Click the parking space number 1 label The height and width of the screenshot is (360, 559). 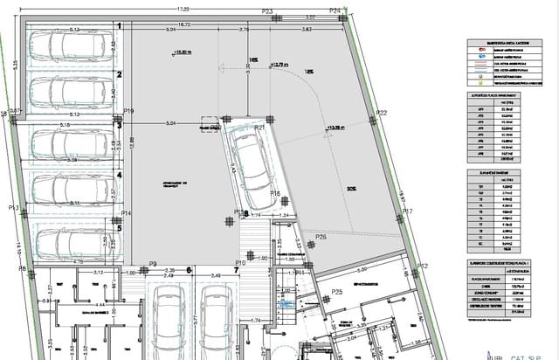(119, 26)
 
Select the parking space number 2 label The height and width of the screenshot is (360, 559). (119, 77)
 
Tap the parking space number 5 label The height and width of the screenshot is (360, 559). (119, 229)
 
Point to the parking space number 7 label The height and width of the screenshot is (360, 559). (235, 270)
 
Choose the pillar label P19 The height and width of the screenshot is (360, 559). (128, 112)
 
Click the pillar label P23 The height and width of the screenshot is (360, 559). (267, 10)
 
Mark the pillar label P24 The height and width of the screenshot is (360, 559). (335, 10)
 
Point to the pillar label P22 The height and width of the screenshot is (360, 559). (382, 114)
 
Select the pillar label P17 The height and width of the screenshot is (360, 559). (406, 212)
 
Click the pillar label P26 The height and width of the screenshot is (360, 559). (321, 237)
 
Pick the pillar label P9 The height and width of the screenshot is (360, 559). (152, 264)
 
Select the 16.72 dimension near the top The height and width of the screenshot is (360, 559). (184, 24)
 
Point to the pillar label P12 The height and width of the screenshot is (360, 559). (423, 266)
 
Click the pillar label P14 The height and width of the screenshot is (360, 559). (127, 213)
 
